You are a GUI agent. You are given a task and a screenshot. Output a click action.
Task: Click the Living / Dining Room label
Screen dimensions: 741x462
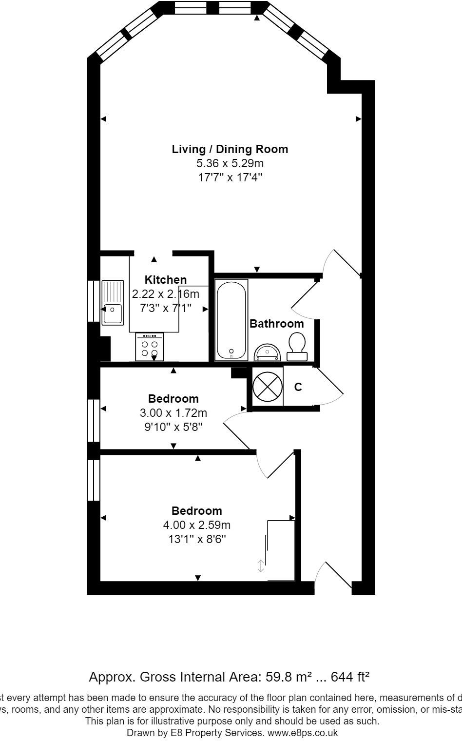pos(230,149)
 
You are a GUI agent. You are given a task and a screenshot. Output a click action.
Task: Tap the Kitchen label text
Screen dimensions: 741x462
pos(166,280)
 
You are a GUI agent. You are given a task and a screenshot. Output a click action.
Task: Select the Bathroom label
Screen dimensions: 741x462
pos(276,324)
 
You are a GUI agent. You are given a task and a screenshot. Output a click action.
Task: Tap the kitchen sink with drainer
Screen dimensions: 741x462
pos(113,302)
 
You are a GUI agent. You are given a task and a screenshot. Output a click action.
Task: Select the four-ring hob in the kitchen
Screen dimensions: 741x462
pos(150,347)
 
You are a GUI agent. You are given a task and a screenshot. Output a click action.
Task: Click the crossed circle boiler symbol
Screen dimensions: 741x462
pos(268,387)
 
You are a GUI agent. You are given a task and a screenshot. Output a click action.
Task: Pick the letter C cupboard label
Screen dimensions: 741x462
pos(298,387)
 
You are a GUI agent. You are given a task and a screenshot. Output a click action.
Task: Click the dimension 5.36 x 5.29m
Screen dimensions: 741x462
pos(230,163)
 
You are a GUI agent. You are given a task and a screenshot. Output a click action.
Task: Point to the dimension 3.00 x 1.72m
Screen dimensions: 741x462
pos(173,413)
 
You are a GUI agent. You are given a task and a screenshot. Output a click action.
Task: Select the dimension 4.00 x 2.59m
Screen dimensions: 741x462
pos(196,525)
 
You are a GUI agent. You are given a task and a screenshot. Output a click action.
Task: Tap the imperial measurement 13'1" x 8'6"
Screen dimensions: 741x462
pos(196,539)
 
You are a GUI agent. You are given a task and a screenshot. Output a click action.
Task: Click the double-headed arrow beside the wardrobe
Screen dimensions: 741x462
pos(261,565)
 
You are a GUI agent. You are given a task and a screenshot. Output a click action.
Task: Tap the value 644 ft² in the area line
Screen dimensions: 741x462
pos(350,677)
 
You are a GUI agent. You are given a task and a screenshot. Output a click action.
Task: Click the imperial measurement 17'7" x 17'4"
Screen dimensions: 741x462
pos(230,177)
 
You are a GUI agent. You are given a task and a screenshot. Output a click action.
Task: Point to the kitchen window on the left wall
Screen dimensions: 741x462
pos(93,301)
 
